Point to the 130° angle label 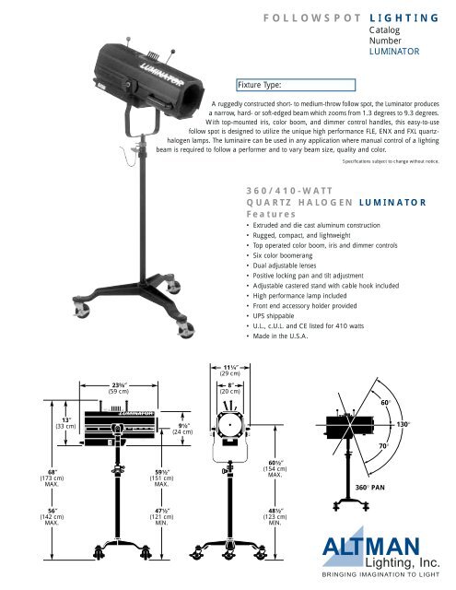(x=427, y=424)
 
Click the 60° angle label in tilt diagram (x=411, y=403)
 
